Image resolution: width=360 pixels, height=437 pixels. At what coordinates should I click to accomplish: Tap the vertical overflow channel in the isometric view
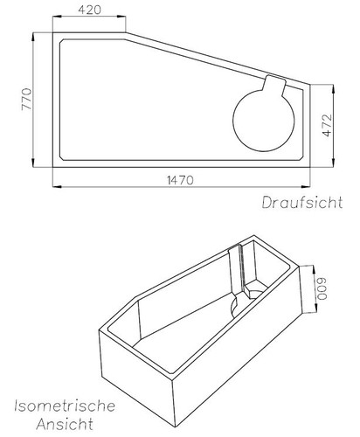[237, 271]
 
